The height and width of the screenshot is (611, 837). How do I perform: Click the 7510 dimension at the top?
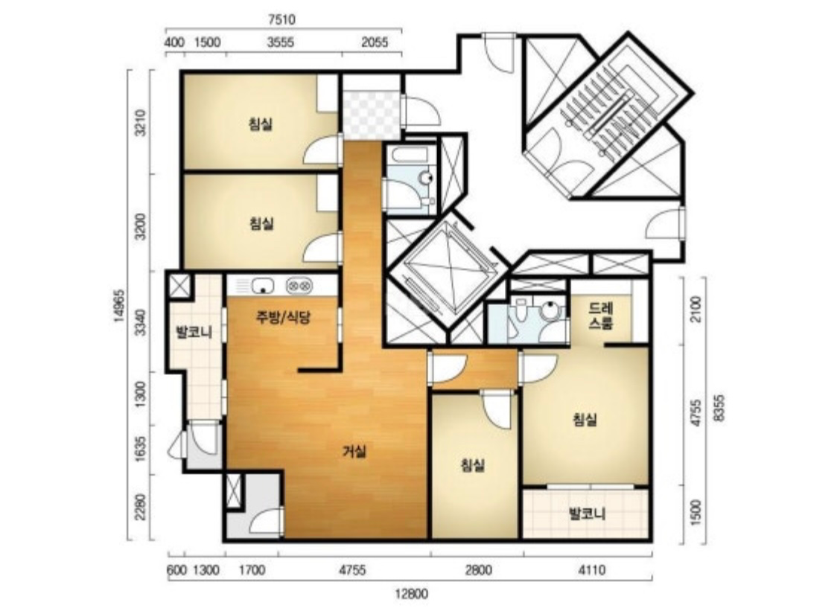coord(281,20)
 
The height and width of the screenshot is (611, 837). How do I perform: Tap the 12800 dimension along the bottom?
coord(412,594)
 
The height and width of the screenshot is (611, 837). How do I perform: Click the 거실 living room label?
coord(354,452)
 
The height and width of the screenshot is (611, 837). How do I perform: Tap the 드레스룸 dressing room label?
coord(600,316)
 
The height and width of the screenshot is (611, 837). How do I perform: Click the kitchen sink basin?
coord(262,286)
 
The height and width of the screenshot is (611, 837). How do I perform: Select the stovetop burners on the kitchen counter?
coord(299,286)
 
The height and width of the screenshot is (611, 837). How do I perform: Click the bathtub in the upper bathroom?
coord(410,156)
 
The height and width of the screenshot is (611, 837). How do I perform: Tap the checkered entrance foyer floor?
coord(371,116)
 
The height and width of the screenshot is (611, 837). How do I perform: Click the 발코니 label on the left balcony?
coord(194,333)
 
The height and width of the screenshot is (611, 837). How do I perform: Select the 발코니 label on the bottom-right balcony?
coord(588,515)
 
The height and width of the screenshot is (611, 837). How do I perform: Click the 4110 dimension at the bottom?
coord(591,571)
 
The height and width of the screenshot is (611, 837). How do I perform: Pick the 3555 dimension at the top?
coord(280,42)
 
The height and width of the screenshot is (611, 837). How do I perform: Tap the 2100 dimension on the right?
coord(696,308)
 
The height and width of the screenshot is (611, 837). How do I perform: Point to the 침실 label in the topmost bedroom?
coord(261,124)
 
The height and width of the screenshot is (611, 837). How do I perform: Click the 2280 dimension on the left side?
coord(140,508)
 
